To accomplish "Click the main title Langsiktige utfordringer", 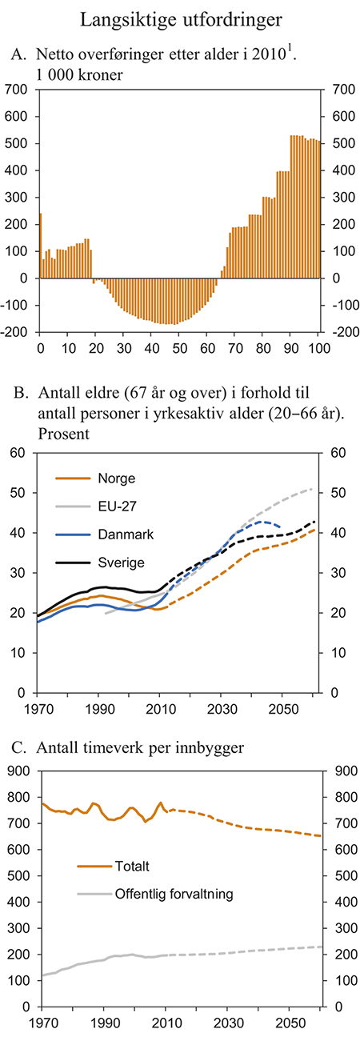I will point(179,18).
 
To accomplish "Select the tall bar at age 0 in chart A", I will point(41,246).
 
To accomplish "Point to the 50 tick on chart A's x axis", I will point(179,349).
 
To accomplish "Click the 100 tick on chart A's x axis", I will point(318,349).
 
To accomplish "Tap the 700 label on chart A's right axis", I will point(338,90).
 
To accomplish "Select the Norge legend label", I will point(117,478).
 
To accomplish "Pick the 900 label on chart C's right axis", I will point(338,771).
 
